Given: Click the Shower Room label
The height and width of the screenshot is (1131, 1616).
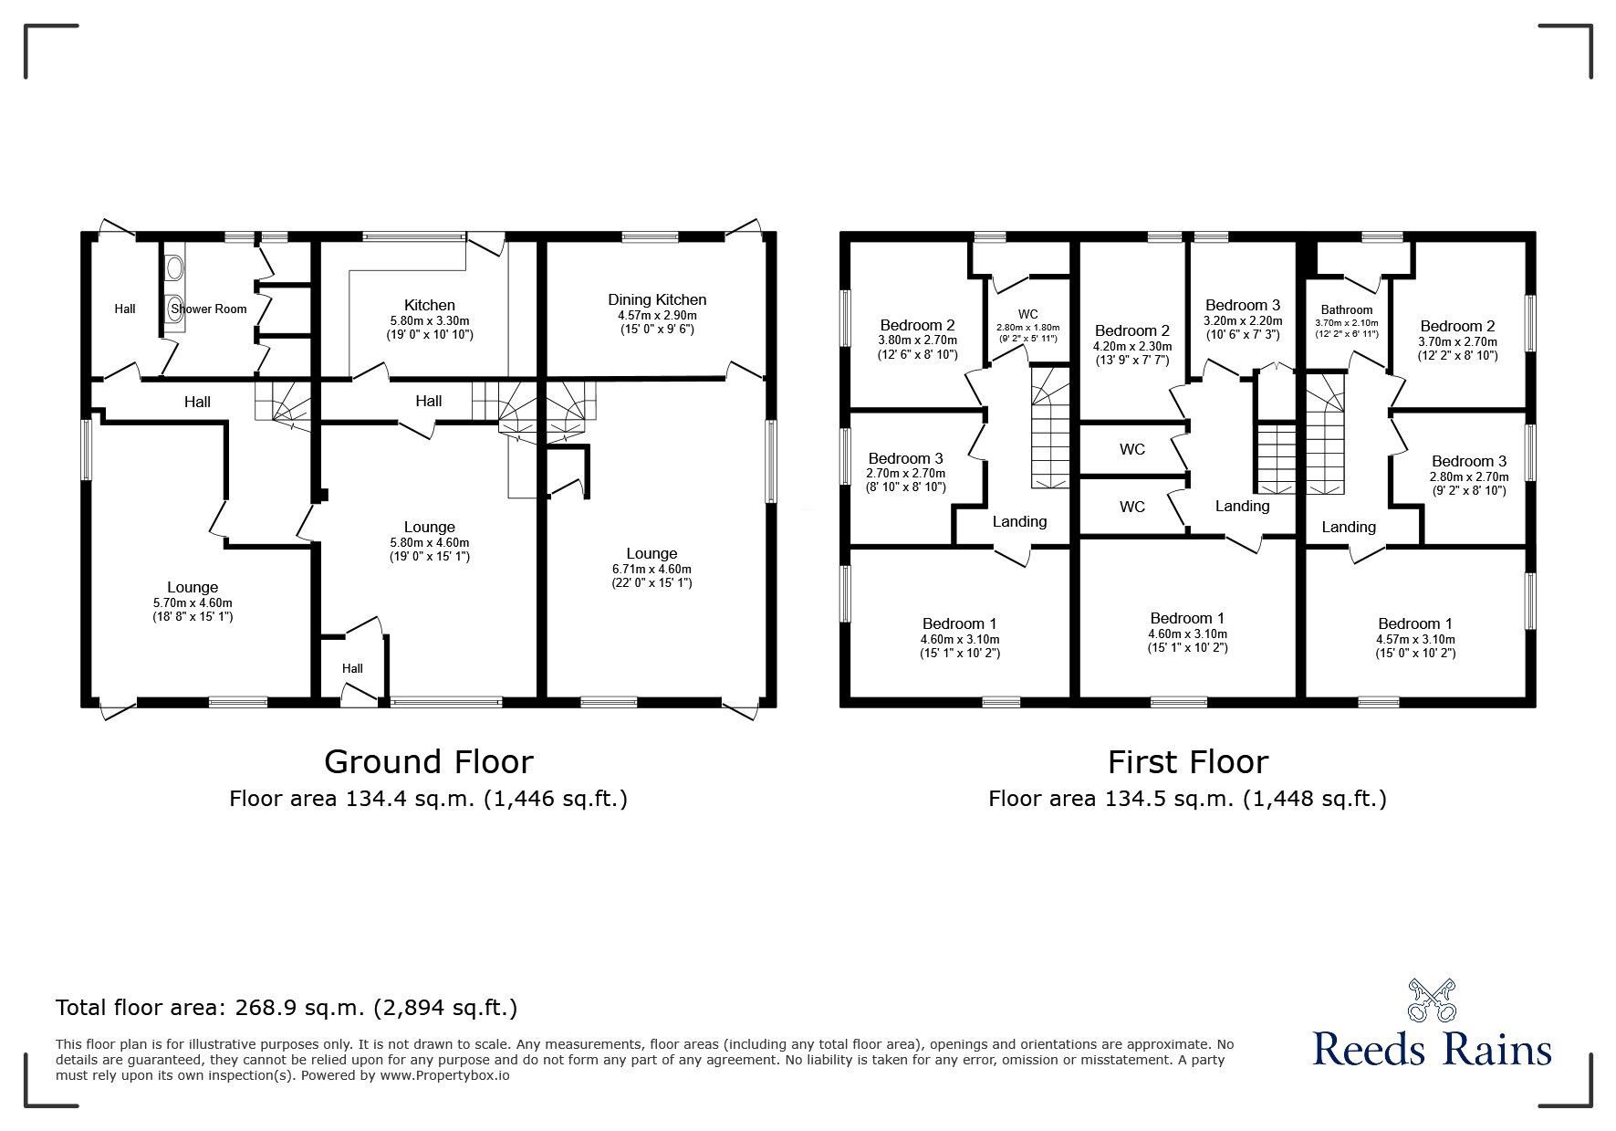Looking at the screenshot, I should [x=209, y=309].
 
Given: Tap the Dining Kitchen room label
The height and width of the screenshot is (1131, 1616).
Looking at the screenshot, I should [x=657, y=299].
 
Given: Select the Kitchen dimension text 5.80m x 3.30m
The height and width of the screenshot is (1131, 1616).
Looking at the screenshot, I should [x=430, y=321].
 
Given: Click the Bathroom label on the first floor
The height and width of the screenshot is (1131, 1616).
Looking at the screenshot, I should [x=1347, y=309].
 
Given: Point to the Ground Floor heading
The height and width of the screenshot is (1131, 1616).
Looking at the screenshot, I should [x=428, y=761].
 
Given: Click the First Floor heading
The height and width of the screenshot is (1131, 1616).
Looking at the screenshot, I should [x=1187, y=761].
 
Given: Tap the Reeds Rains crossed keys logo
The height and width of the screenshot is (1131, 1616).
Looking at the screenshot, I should [x=1431, y=1000].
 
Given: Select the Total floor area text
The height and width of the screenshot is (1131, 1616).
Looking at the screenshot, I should [x=287, y=1008].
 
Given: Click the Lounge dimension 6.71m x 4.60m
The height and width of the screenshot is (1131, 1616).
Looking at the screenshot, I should [x=652, y=569].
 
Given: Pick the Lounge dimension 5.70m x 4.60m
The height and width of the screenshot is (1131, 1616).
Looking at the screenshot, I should [x=193, y=602].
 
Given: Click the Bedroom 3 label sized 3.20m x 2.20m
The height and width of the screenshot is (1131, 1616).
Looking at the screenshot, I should [x=1242, y=305].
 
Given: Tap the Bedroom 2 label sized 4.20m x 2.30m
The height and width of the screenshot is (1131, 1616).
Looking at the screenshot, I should [x=1131, y=330].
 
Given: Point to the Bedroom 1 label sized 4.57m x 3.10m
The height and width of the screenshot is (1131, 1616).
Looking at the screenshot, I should [x=1415, y=624].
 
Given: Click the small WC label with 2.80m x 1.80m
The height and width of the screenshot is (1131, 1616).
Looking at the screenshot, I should [x=1028, y=314].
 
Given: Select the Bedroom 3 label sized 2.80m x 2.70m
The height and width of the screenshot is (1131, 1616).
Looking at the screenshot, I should [x=1468, y=461].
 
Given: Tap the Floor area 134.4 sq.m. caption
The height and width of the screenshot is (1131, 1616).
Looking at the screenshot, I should [x=428, y=800].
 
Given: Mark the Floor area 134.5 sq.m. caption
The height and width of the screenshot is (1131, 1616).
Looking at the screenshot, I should [x=1187, y=800].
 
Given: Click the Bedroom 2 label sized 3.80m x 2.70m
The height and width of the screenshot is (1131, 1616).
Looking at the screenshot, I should [x=917, y=325].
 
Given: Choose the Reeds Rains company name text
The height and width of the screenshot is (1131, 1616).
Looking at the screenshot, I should [x=1432, y=1049].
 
